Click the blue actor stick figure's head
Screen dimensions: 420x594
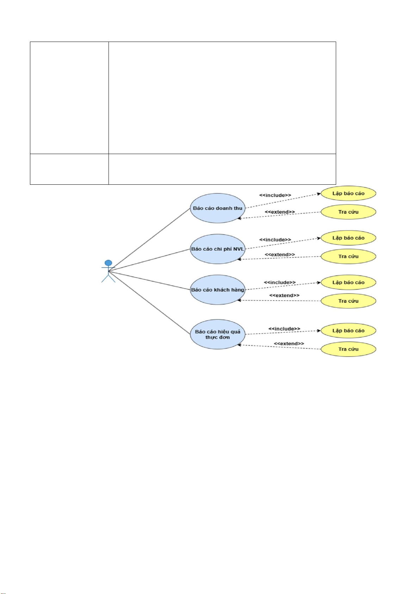click(x=109, y=263)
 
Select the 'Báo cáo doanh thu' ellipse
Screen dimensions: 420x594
click(x=217, y=208)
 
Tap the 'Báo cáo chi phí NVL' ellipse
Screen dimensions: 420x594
click(x=217, y=249)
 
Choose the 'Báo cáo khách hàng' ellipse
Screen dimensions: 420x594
click(x=217, y=290)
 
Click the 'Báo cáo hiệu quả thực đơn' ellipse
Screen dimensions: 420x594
click(x=217, y=335)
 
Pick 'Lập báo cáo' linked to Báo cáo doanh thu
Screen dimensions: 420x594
click(x=348, y=193)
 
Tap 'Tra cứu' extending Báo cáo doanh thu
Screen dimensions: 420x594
click(x=348, y=212)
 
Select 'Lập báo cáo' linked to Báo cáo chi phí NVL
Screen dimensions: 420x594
click(x=348, y=238)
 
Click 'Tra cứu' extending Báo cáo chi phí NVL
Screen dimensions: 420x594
click(x=348, y=256)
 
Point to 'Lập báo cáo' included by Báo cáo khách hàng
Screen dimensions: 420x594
click(x=348, y=282)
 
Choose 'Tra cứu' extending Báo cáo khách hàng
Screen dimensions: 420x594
click(x=348, y=301)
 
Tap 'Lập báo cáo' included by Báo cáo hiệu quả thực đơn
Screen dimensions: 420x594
click(x=348, y=331)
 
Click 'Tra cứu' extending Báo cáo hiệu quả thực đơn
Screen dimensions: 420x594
click(x=348, y=349)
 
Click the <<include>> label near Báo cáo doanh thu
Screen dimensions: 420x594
click(x=275, y=195)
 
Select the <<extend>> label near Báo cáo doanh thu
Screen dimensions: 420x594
click(x=280, y=212)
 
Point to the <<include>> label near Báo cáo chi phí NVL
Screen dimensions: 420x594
click(x=275, y=240)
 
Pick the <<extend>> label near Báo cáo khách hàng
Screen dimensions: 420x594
click(x=284, y=295)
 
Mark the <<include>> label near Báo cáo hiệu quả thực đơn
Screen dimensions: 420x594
click(x=284, y=329)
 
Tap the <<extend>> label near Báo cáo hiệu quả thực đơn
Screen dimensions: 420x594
click(x=289, y=344)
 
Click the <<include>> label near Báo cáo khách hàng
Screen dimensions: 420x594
click(x=280, y=282)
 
